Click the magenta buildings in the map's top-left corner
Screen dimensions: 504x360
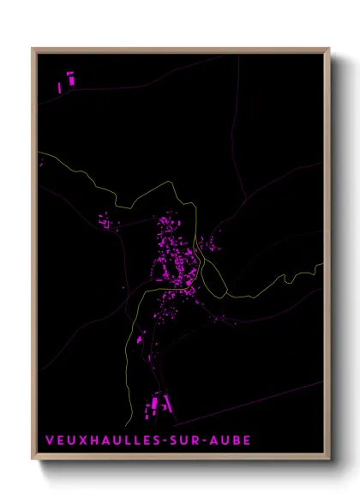(x=66, y=82)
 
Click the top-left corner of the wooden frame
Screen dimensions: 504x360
(x=33, y=49)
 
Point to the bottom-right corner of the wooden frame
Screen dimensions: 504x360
(x=329, y=459)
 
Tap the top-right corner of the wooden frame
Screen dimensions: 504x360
(x=329, y=49)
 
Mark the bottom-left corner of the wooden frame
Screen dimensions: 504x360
(x=33, y=459)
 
